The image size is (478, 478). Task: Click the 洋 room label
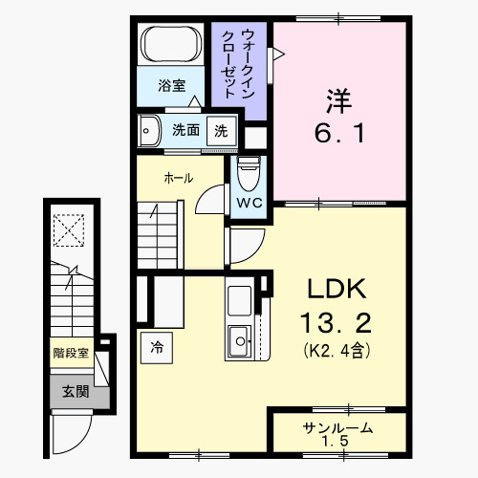337,98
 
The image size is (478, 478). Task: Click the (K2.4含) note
337,350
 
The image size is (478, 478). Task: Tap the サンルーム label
337,428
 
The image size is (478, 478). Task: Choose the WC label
248,203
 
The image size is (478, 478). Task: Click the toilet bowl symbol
248,173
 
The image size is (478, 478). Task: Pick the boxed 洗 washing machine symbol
221,131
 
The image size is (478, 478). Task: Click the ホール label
179,178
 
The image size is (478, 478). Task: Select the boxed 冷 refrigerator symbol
156,348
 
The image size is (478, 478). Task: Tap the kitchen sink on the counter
238,337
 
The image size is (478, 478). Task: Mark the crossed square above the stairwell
69,230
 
